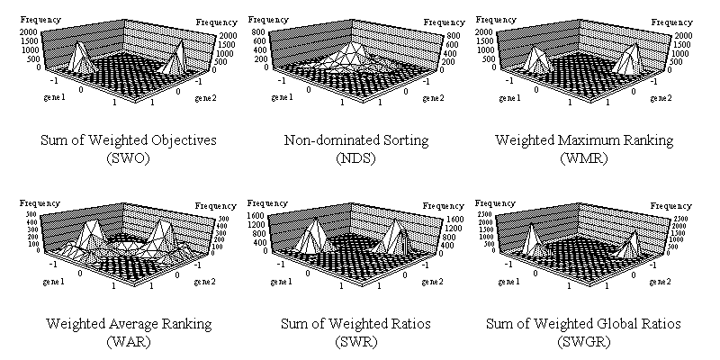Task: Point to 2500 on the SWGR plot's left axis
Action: (484, 209)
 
